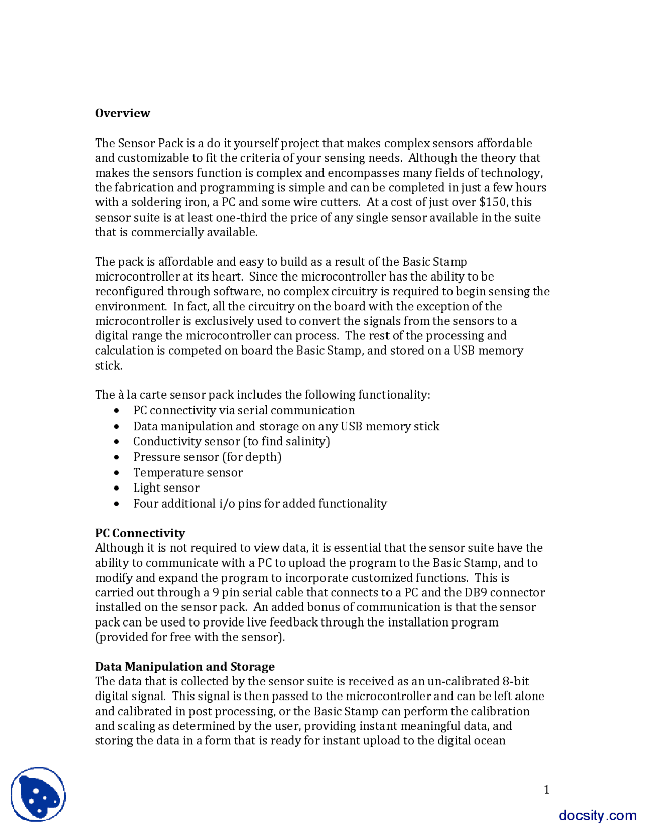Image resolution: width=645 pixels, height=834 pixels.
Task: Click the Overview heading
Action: tap(122, 113)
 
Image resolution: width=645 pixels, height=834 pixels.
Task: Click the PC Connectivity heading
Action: tap(140, 533)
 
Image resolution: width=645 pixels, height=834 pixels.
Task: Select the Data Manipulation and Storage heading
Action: tap(184, 667)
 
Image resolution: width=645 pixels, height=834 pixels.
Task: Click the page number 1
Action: tap(546, 790)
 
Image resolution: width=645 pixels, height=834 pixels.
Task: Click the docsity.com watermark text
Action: tap(597, 815)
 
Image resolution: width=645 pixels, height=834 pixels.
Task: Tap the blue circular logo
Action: tap(38, 794)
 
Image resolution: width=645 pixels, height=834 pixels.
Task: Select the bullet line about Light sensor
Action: tap(166, 488)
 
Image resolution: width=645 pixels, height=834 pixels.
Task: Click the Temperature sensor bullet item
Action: tap(187, 473)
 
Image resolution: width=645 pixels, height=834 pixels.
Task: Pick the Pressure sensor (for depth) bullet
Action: tap(207, 457)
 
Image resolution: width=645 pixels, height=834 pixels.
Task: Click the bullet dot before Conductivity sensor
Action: tap(117, 442)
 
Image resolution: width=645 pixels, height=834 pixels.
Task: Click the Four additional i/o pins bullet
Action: tap(260, 504)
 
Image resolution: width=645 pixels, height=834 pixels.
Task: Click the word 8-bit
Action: tap(515, 682)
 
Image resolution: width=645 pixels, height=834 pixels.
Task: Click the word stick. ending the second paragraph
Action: tap(109, 366)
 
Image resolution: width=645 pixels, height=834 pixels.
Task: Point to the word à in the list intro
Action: tap(121, 395)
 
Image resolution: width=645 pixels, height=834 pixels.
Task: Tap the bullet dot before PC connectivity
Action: tap(117, 411)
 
